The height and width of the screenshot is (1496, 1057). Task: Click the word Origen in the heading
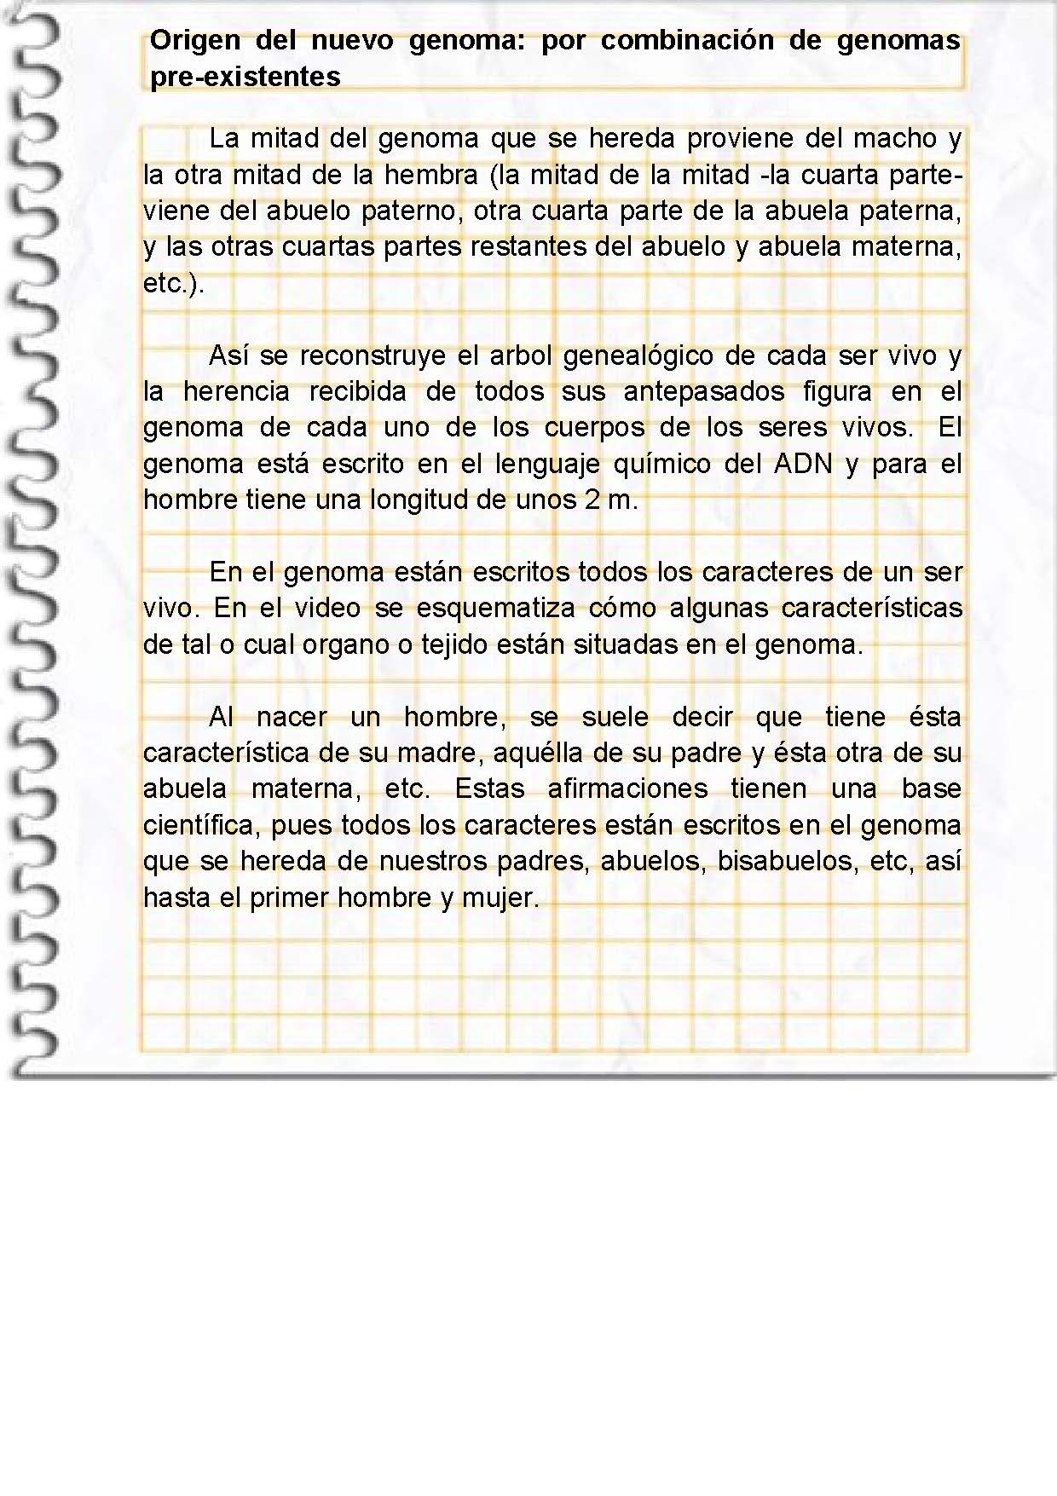(194, 41)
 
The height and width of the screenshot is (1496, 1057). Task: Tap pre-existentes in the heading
(245, 77)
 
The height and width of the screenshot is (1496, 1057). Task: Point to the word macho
(895, 138)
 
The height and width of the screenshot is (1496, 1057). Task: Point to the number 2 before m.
(592, 500)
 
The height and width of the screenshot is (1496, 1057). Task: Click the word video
(327, 608)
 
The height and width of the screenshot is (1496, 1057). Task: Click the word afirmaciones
(627, 788)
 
